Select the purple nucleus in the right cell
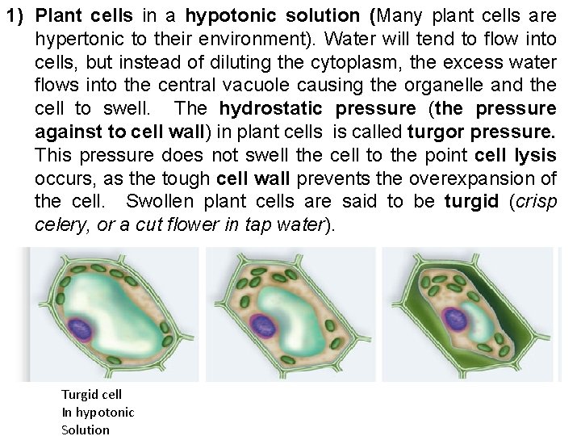tap(456, 317)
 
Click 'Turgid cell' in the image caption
tap(91, 394)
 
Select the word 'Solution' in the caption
tap(86, 430)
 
